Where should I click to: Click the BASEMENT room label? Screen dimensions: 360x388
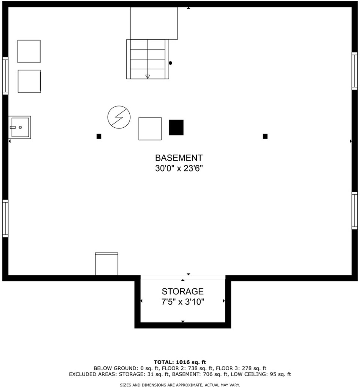click(179, 158)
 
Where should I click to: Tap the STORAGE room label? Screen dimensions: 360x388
click(182, 291)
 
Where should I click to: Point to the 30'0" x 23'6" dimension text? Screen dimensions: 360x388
click(179, 168)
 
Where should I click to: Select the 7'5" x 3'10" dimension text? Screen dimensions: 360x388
click(182, 302)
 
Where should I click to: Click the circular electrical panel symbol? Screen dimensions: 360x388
click(119, 117)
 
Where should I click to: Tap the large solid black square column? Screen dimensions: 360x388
click(176, 127)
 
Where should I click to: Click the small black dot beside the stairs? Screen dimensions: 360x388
click(170, 63)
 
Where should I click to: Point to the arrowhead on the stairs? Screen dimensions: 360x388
click(148, 77)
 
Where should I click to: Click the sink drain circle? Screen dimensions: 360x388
click(20, 127)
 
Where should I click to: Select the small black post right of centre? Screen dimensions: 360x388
click(265, 136)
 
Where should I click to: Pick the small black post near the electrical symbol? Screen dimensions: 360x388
click(99, 136)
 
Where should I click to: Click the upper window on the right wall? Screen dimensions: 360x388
click(355, 71)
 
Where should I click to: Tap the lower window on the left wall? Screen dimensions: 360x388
click(5, 219)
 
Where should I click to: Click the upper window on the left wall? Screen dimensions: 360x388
click(5, 76)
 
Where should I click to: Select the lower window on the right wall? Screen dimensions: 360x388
click(355, 211)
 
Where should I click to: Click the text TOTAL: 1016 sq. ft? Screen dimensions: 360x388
click(180, 363)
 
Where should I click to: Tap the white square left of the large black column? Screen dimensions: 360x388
click(150, 129)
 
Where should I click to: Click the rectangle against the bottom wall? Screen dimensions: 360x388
click(107, 264)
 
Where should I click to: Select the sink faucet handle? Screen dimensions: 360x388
click(13, 127)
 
